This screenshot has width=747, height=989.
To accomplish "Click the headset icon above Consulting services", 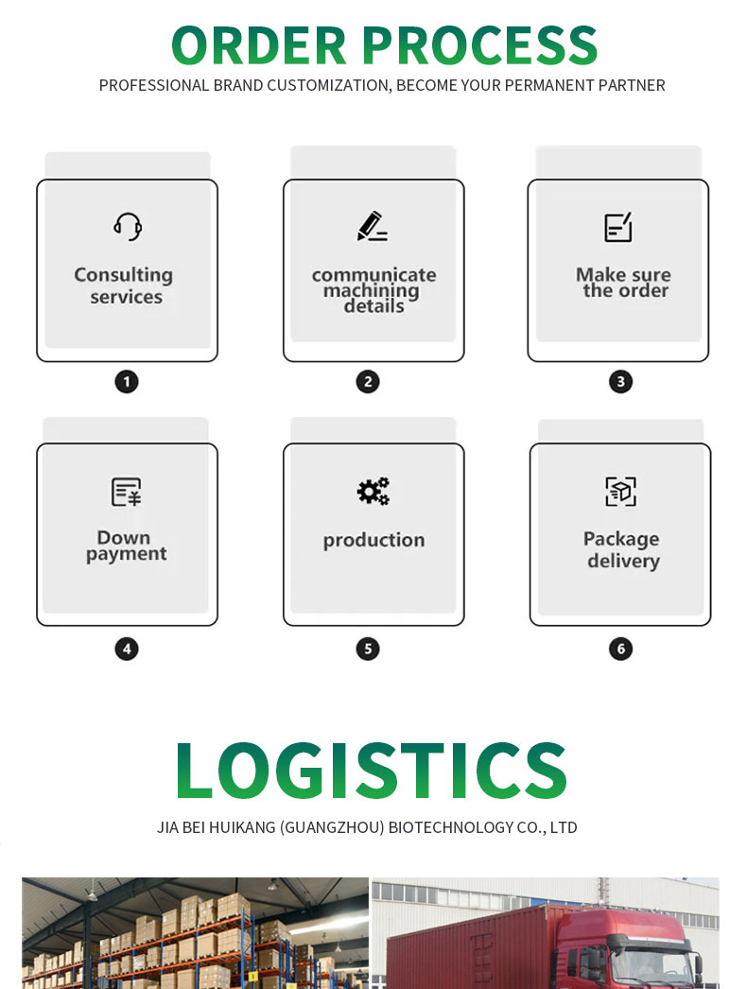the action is point(128,226).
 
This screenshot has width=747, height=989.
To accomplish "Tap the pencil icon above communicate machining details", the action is point(373,226).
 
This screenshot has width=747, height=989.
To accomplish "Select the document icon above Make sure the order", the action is point(618,227).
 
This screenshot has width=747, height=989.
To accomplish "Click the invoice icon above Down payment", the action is point(127,492).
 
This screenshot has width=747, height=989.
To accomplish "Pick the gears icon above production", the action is point(373,492).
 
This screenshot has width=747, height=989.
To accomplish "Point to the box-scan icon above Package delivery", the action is point(621,492).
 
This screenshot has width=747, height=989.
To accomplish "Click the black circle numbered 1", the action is point(127,382).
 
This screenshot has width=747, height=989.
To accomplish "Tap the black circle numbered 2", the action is point(368,382).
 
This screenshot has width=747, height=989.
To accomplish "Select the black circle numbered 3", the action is point(621,382).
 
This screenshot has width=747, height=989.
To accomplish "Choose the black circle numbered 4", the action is point(127,649).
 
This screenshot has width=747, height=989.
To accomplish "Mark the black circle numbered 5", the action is point(368,649).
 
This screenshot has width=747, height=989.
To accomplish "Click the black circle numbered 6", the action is point(621,649).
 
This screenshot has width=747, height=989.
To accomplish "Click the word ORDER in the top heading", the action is point(259,45).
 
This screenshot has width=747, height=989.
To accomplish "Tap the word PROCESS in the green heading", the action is point(480,45).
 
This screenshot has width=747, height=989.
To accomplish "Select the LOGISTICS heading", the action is point(371,771).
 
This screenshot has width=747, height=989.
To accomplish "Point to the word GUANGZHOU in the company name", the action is point(332,827).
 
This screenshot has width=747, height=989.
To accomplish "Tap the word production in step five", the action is point(374,541).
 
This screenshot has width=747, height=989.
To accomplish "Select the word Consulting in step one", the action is point(124,276).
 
